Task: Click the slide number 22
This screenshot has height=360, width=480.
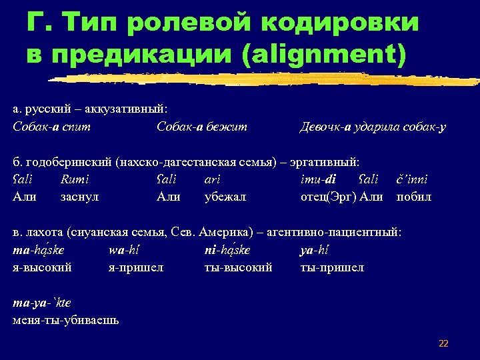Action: [x=443, y=343]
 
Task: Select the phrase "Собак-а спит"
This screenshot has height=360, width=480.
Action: [x=52, y=126]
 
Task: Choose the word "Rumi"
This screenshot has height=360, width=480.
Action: [x=75, y=179]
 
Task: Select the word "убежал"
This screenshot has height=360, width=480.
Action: [x=225, y=197]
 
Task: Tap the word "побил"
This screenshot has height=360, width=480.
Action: [x=414, y=197]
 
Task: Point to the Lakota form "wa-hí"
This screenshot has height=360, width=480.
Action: [x=123, y=250]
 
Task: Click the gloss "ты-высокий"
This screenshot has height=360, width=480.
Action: [x=238, y=267]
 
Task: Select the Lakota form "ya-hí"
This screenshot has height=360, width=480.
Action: [x=315, y=250]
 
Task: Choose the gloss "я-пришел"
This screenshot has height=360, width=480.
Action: [x=136, y=267]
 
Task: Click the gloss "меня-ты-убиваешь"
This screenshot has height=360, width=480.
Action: [x=66, y=320]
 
